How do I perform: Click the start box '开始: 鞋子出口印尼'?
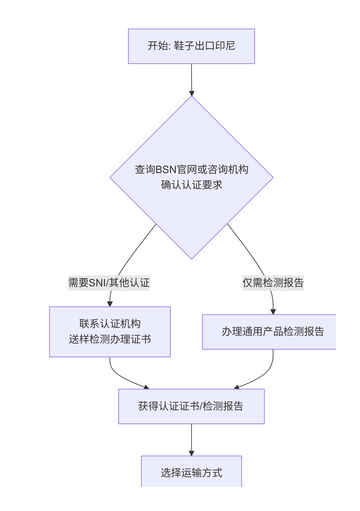[191, 46]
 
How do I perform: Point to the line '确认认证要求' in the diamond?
[191, 185]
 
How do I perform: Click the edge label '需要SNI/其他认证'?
[109, 283]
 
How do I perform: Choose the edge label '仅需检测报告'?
[273, 283]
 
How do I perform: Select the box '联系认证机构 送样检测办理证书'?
[110, 332]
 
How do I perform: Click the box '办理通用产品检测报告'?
[269, 332]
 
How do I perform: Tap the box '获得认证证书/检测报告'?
[191, 406]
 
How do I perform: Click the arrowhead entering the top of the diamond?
[192, 93]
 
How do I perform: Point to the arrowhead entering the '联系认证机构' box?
[110, 304]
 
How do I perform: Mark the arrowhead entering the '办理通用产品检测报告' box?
[273, 312]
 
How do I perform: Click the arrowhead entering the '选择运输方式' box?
[191, 453]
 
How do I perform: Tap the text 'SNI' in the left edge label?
[97, 283]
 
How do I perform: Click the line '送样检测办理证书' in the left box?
[110, 339]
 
